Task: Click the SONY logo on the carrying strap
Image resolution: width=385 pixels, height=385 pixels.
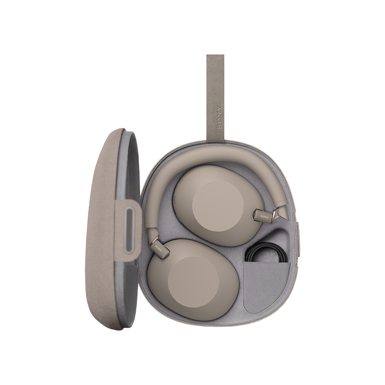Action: pyautogui.click(x=220, y=117)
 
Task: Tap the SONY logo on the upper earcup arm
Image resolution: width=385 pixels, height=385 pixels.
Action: pyautogui.click(x=265, y=216)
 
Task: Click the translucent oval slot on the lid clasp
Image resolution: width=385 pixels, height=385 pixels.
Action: pyautogui.click(x=129, y=229)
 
